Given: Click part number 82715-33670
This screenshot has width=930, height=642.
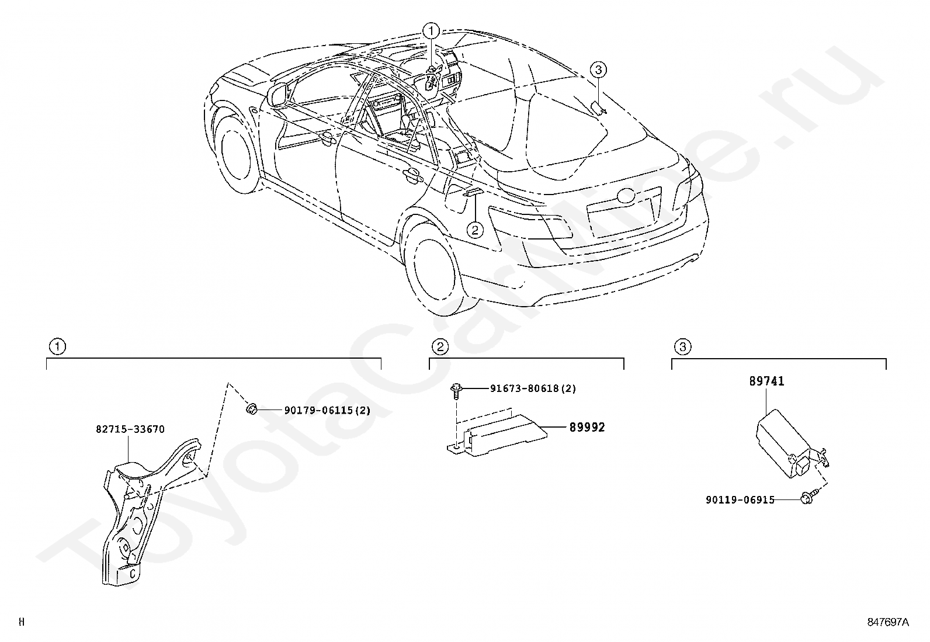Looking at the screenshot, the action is point(130,429).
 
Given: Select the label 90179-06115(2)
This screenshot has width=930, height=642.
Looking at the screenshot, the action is point(327,410).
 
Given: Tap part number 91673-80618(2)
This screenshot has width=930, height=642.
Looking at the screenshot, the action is point(533,388).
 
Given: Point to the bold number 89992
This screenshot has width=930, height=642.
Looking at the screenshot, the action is point(587,427).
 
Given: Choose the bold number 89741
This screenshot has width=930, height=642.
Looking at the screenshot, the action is point(767,381).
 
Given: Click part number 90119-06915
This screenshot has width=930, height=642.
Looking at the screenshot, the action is point(740,500).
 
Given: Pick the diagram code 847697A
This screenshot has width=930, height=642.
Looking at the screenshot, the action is point(888,622).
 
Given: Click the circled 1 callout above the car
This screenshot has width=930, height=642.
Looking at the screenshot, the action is point(431,31).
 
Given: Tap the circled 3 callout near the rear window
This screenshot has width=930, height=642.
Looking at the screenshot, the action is point(598,70).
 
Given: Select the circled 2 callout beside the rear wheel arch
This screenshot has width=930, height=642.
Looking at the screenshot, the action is point(475,230).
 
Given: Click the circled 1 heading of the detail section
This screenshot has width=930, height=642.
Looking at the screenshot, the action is point(57,346).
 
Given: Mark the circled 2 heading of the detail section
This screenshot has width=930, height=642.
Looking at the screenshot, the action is point(440,346).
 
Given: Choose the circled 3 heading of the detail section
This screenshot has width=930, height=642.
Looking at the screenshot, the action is point(683,346).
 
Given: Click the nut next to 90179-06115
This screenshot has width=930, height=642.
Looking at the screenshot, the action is point(252,408).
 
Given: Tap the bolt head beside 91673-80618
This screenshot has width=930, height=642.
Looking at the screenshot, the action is point(456,388).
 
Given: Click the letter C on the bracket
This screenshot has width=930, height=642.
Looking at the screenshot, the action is point(133,574).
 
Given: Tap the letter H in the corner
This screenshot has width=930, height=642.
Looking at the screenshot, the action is point(22,622).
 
